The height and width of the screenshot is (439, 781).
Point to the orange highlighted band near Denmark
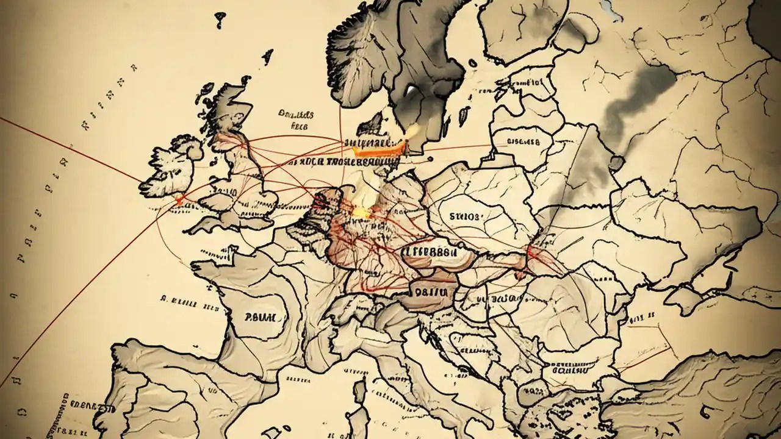coord(375,147)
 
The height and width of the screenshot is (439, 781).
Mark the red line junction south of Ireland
coord(180,199)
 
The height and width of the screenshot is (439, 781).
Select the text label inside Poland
coord(465,216)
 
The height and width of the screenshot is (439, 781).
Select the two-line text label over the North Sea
coord(296,120)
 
